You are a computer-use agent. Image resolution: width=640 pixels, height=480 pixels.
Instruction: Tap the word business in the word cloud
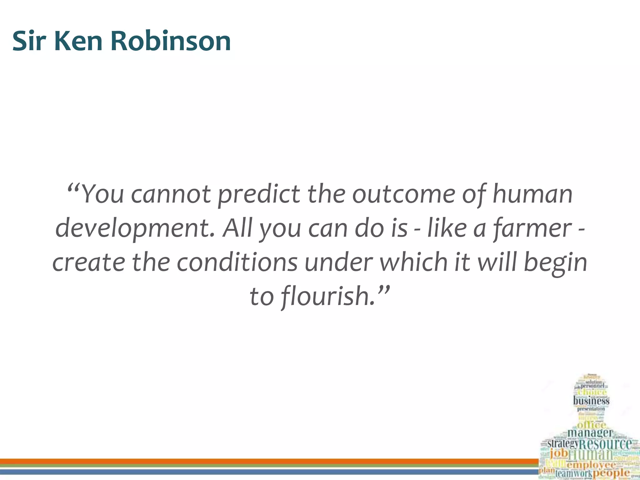click(591, 401)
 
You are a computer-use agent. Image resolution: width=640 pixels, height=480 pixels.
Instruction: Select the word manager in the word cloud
click(590, 433)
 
